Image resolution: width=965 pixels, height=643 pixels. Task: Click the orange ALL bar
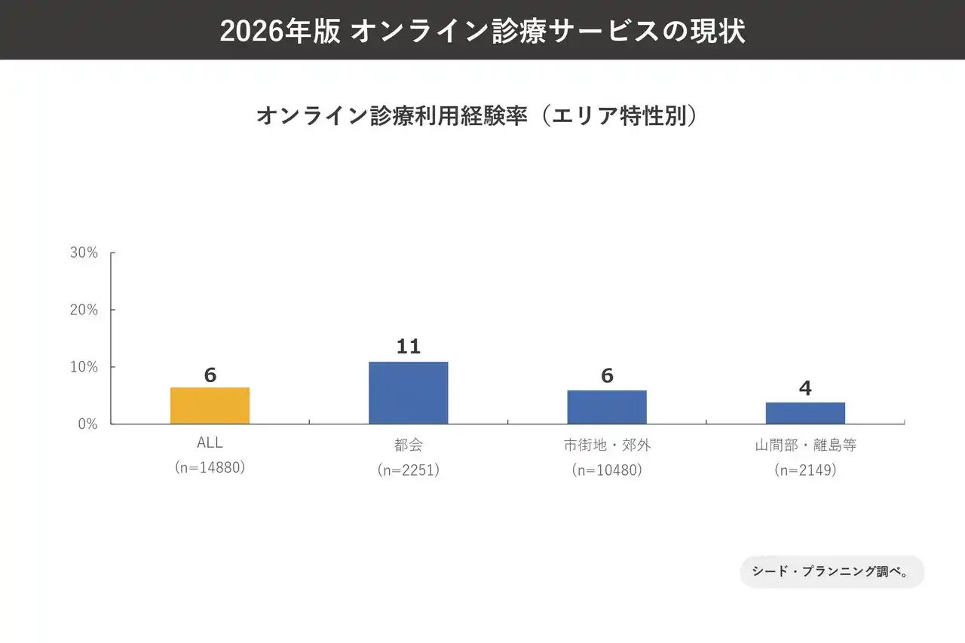click(210, 406)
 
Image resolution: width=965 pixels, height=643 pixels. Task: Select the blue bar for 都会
click(408, 393)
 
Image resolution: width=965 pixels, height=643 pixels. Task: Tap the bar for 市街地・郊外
click(607, 407)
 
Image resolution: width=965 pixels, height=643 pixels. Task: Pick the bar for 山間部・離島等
click(805, 413)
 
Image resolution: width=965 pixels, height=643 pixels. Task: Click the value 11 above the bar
click(408, 347)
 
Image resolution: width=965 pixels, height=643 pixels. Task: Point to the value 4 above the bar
click(805, 388)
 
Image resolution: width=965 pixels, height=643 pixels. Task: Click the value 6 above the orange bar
click(210, 375)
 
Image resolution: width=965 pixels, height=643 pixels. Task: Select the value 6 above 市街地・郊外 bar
click(607, 375)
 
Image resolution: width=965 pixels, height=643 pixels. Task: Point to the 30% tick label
click(84, 253)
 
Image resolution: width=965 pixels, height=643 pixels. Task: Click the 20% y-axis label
click(84, 310)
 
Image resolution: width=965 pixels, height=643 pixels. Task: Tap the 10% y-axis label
click(84, 367)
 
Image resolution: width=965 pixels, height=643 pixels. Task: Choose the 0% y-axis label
click(87, 424)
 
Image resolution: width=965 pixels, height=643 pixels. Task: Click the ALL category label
click(210, 443)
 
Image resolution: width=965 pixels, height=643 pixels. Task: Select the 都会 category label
click(408, 446)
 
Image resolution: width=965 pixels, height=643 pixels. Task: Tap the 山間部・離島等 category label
click(805, 446)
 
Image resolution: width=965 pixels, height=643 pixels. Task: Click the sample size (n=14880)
click(210, 467)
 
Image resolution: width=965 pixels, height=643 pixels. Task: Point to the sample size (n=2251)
click(408, 470)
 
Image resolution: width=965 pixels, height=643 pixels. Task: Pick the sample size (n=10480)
click(607, 470)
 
